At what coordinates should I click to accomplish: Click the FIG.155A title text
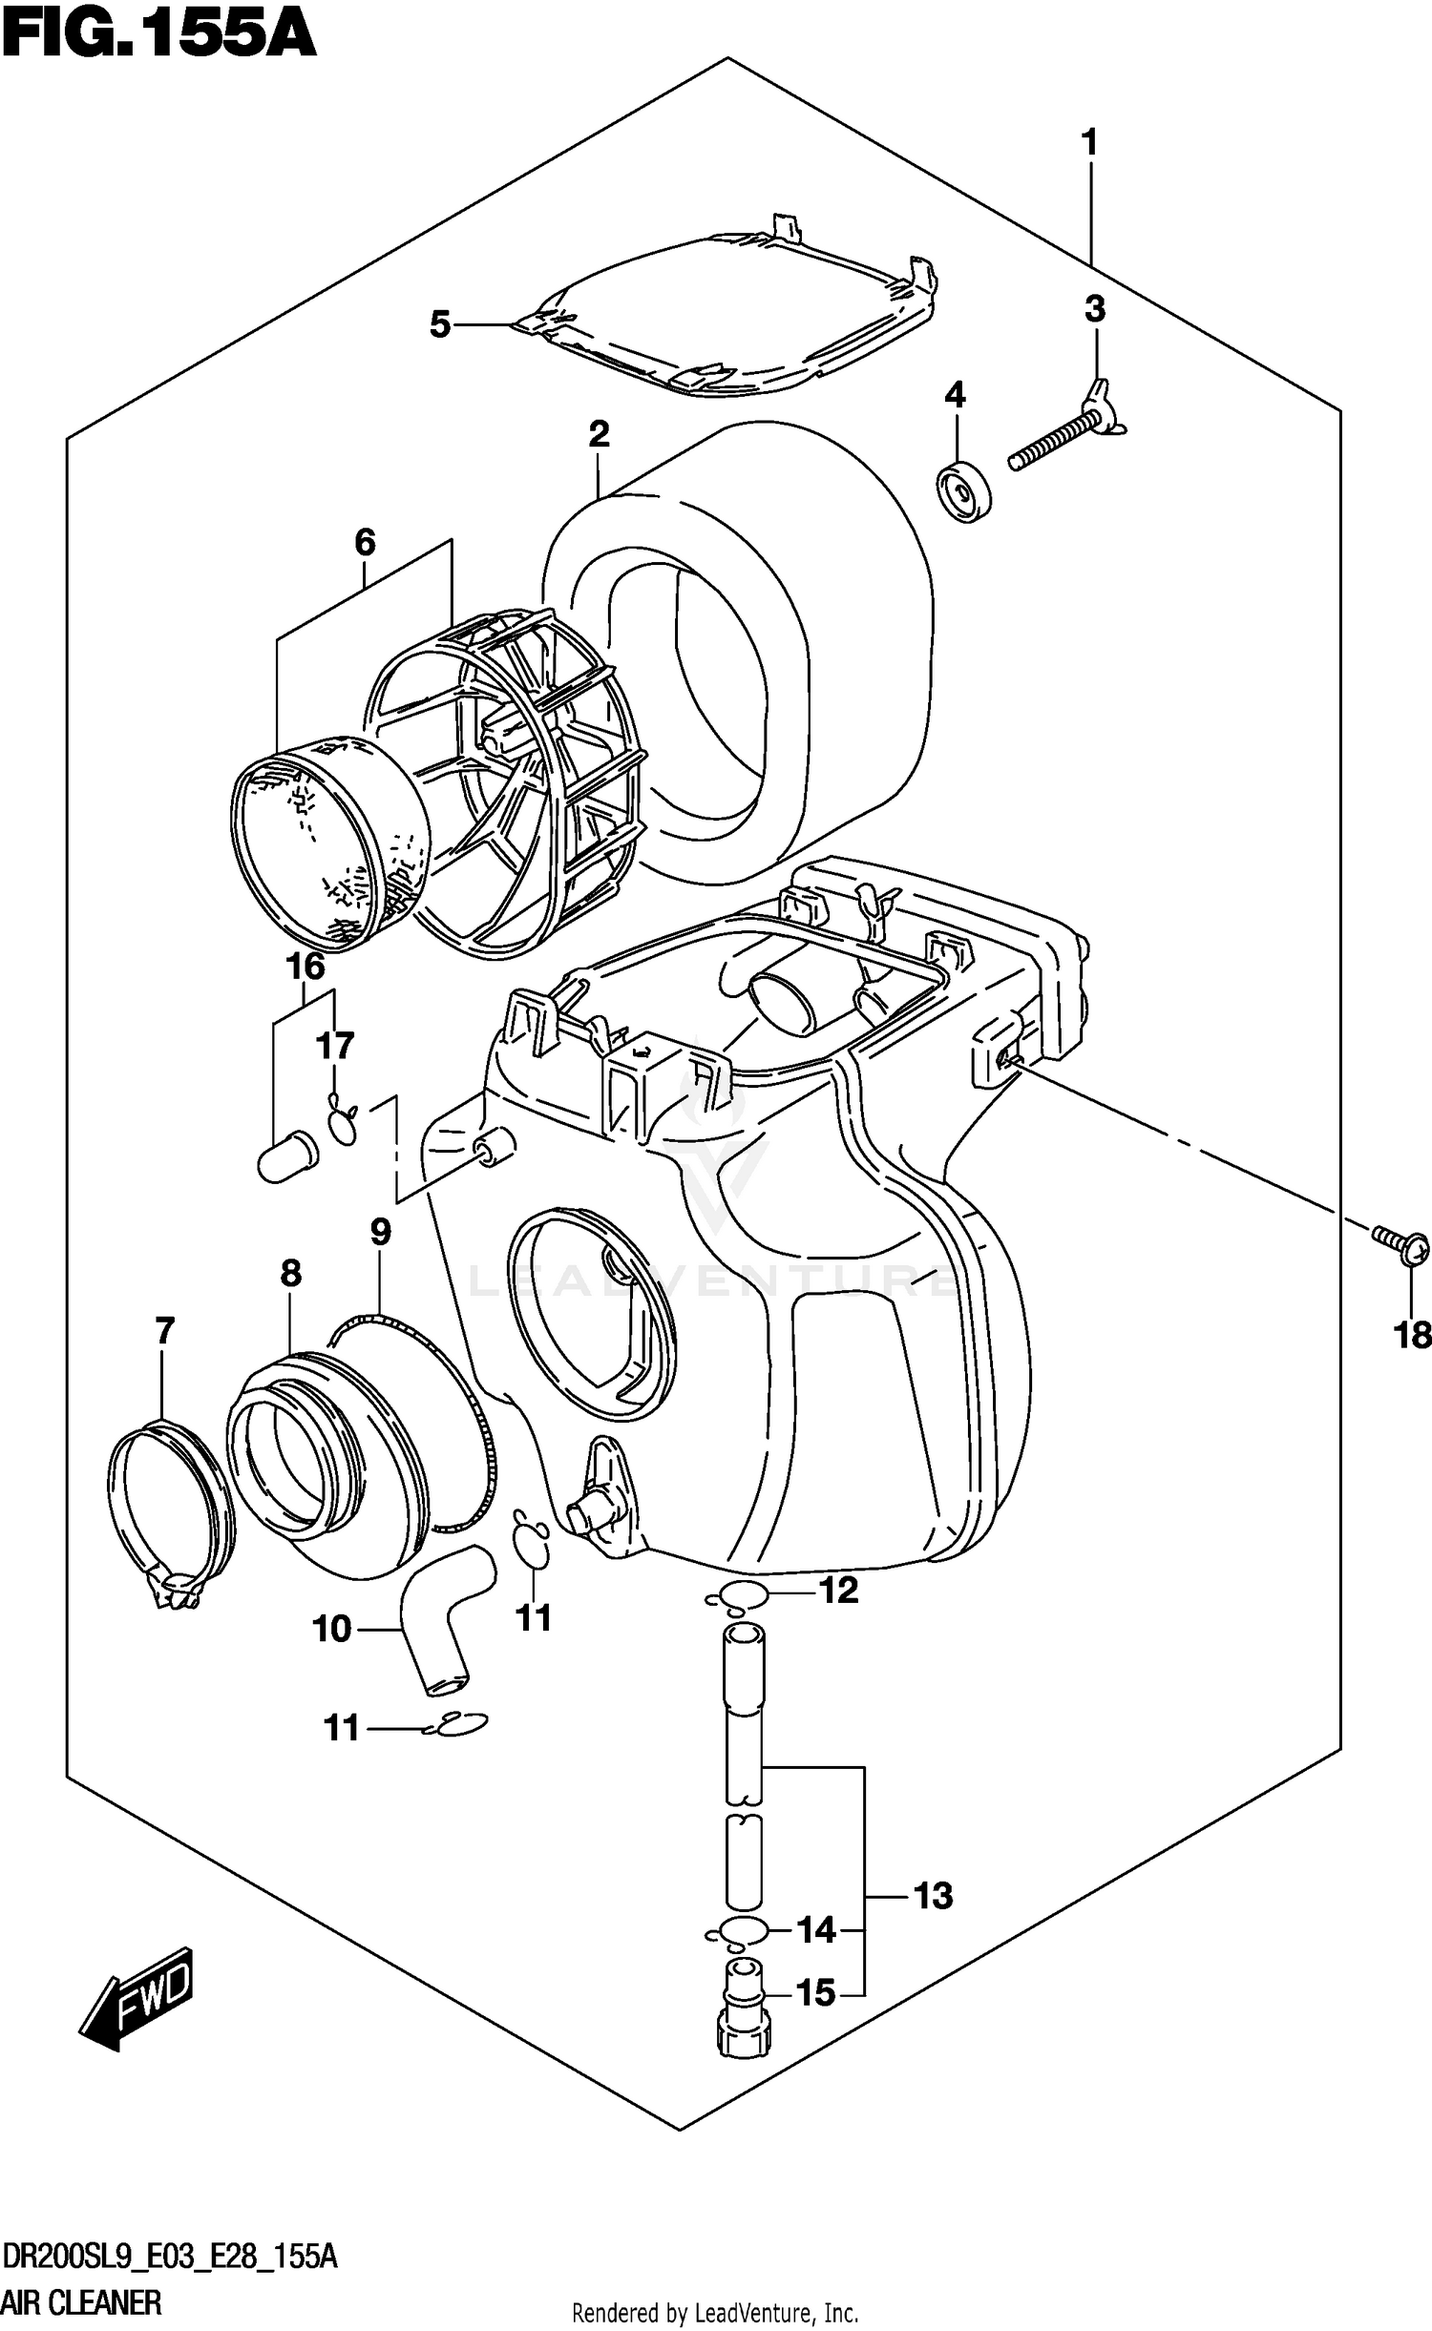click(x=158, y=35)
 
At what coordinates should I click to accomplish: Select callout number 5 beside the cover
click(x=439, y=325)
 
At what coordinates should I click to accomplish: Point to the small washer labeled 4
click(x=963, y=493)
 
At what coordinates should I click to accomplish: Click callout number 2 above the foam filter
click(x=599, y=435)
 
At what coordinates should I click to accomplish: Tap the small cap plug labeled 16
click(x=286, y=1157)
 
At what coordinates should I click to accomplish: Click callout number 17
click(x=335, y=1047)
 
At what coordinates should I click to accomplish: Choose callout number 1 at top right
click(x=1088, y=144)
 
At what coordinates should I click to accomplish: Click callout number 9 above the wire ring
click(x=380, y=1232)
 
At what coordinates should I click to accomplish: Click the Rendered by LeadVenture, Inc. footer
click(x=714, y=2304)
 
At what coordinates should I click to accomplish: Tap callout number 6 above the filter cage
click(x=365, y=543)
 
